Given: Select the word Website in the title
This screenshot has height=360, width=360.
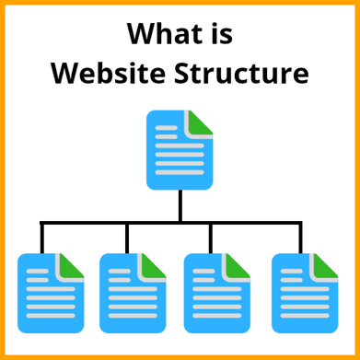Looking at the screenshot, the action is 101,73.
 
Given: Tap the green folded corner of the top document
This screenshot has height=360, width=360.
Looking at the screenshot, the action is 202,122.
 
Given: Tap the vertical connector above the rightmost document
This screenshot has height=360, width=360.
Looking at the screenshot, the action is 300,238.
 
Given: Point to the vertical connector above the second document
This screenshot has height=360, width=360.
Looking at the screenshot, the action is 127,238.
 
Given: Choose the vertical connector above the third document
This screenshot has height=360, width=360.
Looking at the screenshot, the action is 211,238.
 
